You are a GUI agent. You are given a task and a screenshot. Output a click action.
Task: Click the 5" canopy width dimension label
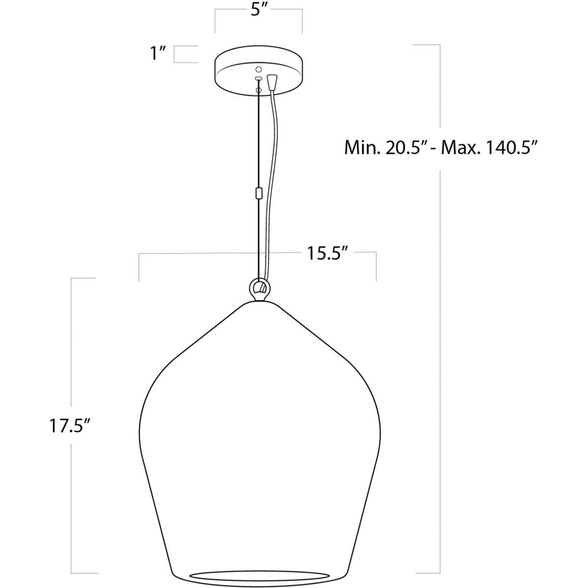pos(259,11)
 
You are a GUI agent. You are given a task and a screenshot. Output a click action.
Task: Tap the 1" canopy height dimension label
pos(157,54)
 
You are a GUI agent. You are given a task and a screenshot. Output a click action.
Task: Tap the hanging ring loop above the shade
pos(259,287)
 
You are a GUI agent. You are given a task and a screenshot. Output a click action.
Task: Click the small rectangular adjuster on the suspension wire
pos(258,193)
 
